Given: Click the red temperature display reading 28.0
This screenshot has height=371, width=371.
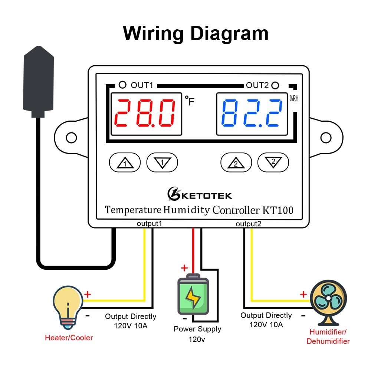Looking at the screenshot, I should tap(145, 113).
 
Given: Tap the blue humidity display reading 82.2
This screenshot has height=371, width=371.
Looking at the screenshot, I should tap(252, 113).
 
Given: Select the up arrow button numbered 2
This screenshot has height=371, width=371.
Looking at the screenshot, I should tap(236, 162).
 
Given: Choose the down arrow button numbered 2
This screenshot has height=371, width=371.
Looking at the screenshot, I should tap(273, 162).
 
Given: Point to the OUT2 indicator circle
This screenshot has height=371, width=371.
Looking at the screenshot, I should tap(275, 85).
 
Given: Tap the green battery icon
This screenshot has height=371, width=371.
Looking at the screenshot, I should tap(193, 295).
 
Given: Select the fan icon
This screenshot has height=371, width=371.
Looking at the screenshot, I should tap(328, 301).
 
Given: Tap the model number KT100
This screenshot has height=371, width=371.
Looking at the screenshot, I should tap(278, 210).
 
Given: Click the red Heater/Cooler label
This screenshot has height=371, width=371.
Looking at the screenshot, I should tap(69, 338).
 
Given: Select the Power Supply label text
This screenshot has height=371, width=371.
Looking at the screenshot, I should tap(197, 329).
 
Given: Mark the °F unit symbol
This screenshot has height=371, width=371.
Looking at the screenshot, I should tap(189, 101).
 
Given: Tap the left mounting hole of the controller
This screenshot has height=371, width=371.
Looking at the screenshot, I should tap(71, 138).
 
